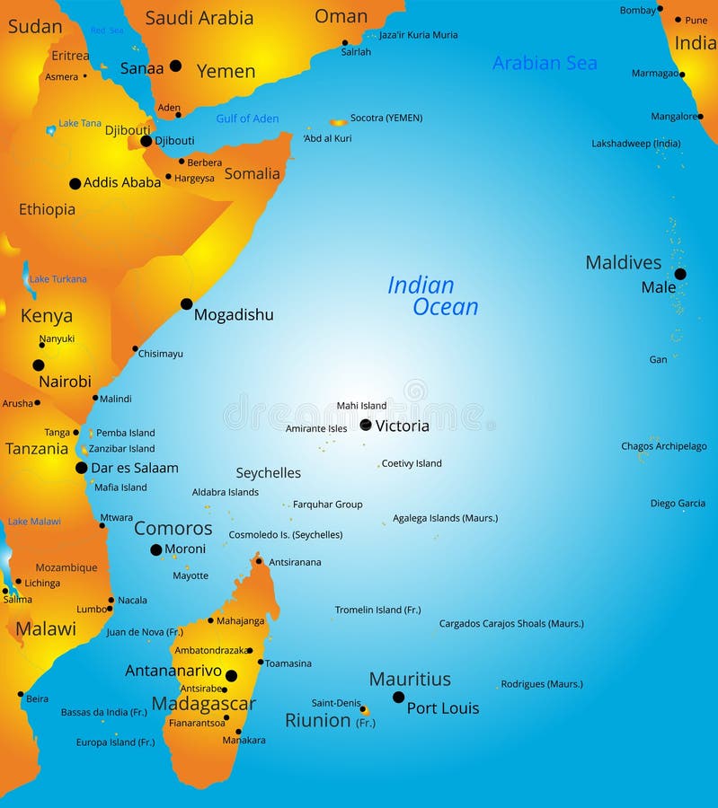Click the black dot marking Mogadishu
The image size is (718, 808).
186,304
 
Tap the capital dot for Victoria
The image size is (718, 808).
366,425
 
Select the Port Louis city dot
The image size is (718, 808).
398,697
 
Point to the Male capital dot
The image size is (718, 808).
680,274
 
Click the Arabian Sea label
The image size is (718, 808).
545,63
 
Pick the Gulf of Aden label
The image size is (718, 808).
247,119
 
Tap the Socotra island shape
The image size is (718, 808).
339,122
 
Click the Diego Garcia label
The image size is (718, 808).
678,504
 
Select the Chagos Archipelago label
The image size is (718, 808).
663,446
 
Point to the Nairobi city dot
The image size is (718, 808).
39,365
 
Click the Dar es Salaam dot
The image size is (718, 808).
82,468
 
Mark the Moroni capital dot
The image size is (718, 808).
156,549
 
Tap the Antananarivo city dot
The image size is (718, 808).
231,676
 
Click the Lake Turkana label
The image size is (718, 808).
58,279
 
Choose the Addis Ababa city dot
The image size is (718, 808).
75,183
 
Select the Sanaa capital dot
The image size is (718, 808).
175,66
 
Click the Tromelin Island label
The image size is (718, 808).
377,610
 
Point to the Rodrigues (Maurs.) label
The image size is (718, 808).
542,684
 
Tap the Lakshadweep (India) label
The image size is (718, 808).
635,144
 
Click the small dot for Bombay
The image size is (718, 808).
660,8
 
